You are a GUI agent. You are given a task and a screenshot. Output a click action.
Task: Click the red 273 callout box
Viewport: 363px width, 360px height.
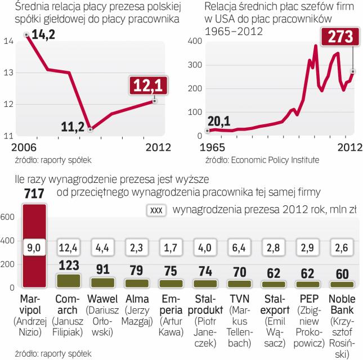(x=337, y=39)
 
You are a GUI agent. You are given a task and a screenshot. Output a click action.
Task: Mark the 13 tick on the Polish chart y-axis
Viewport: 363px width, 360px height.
(x=8, y=73)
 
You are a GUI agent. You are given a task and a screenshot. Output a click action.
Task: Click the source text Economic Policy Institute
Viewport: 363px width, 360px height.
(x=274, y=160)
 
